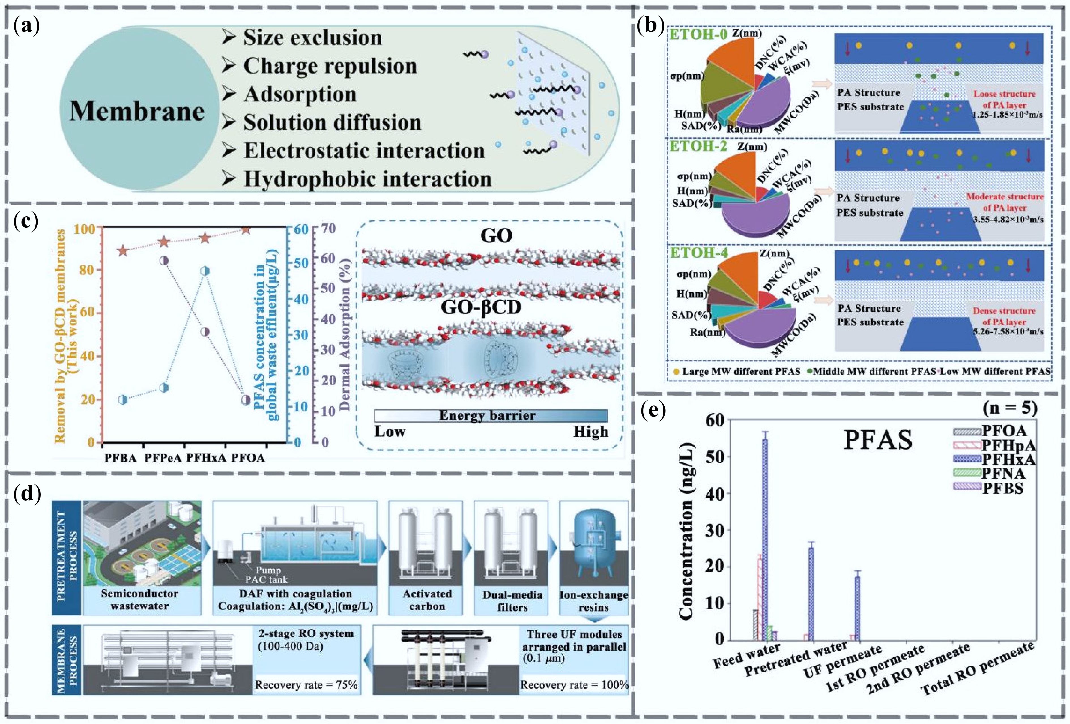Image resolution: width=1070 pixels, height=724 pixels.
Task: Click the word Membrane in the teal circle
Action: (x=137, y=112)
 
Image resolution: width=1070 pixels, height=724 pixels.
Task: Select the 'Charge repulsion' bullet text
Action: (x=330, y=66)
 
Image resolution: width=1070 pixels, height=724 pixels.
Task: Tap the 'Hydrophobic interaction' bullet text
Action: (x=367, y=179)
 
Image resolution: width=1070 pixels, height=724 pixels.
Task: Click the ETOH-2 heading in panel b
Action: (x=698, y=146)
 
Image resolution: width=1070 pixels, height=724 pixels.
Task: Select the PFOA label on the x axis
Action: (x=248, y=458)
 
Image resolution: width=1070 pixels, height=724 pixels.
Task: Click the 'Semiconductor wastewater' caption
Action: (x=140, y=600)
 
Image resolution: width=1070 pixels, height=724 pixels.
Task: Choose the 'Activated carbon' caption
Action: (x=427, y=600)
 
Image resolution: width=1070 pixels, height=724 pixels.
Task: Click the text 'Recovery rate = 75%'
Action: (x=306, y=685)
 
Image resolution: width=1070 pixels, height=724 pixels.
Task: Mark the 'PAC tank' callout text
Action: (x=266, y=579)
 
